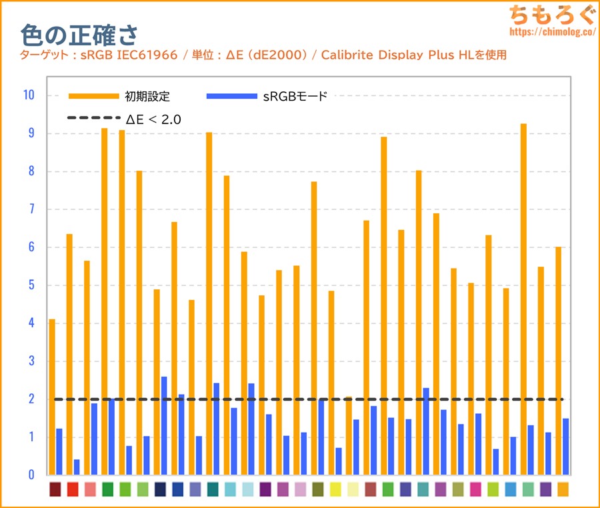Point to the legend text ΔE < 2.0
(x=153, y=119)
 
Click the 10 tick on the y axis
(x=28, y=95)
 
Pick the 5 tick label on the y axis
(x=31, y=285)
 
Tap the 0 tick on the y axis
(x=31, y=475)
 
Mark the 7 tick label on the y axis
(x=31, y=209)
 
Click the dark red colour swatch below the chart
(x=55, y=489)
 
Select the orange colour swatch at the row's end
(x=563, y=489)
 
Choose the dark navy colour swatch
(x=160, y=489)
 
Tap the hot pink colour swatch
(x=475, y=489)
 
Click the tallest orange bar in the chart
(x=524, y=299)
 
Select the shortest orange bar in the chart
(x=349, y=436)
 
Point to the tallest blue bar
(x=164, y=426)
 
